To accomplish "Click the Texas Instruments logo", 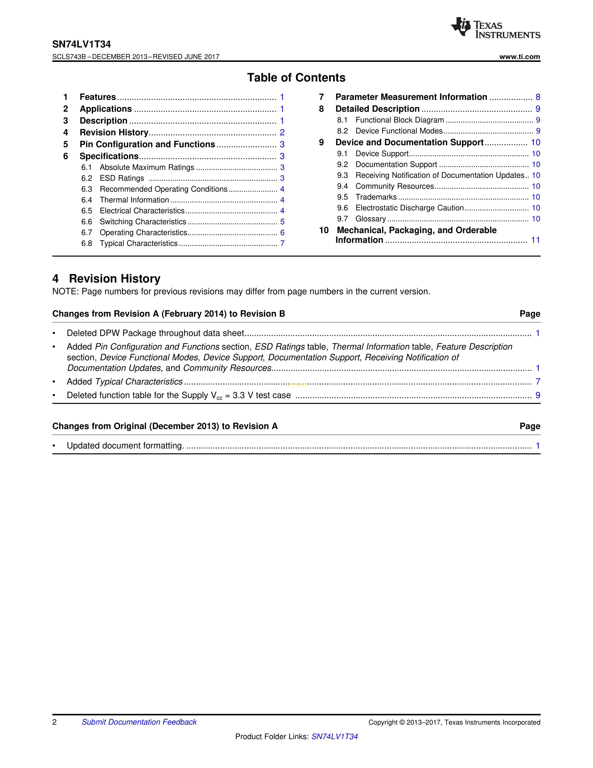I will point(495,28).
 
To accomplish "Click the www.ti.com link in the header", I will point(519,57).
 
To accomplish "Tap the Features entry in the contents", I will point(98,97).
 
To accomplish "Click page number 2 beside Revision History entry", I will point(282,133).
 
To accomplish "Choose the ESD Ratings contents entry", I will point(122,178).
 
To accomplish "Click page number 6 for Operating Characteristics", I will point(282,233).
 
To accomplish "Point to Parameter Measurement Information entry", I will point(411,97).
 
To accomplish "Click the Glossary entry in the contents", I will point(371,219).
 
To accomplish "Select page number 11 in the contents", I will point(535,240).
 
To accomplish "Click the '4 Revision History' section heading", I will point(107,279).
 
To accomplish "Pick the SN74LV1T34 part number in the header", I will point(81,44).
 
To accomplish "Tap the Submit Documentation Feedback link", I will point(139,722).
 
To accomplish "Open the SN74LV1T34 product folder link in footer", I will point(334,736).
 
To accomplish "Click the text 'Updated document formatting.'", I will point(125,445).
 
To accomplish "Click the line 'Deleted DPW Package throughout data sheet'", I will point(155,333).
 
